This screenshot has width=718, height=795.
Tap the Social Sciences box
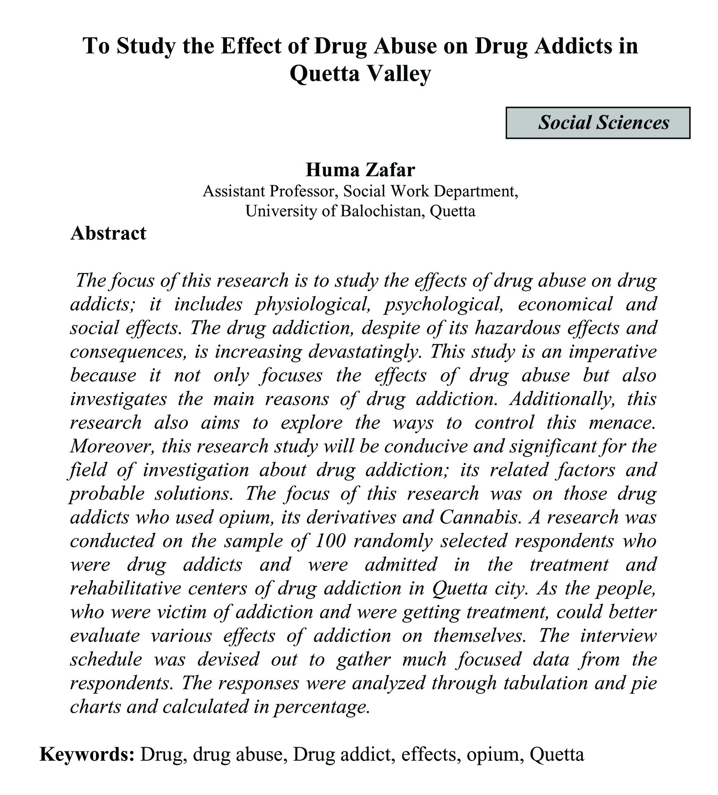[x=598, y=123]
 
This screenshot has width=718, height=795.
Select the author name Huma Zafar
[x=360, y=170]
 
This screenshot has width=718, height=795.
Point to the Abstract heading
[x=108, y=233]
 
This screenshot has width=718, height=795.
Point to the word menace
[x=622, y=423]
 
